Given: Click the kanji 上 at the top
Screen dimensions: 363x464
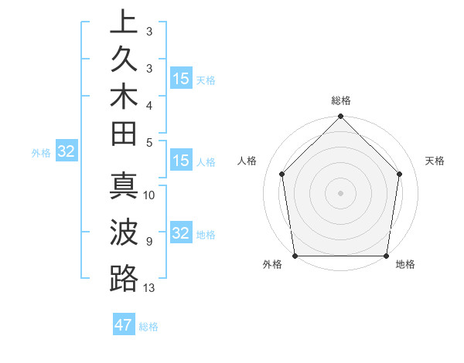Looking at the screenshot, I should [124, 22].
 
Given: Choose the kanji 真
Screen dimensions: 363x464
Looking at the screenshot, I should [124, 190].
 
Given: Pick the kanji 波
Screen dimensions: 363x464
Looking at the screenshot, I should [124, 233].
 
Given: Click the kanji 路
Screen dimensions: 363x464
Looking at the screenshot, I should [124, 277].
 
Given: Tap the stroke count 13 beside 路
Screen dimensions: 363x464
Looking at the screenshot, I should [149, 288].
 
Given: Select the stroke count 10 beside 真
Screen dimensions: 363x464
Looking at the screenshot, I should [149, 195].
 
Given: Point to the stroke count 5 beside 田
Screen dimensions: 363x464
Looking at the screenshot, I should [149, 142].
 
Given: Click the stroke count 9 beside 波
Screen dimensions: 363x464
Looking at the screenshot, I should [149, 241].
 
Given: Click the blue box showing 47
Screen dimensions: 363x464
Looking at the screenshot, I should [124, 325].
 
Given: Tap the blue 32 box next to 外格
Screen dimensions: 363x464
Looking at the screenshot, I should [66, 151].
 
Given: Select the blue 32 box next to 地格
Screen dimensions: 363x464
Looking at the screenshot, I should [181, 233].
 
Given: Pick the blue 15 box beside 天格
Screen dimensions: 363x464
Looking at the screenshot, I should [181, 79].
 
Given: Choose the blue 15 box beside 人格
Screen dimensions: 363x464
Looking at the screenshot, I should [181, 161].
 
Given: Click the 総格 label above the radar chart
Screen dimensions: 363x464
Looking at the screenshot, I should [340, 100].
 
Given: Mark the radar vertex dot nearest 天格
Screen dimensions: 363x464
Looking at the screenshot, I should [400, 174].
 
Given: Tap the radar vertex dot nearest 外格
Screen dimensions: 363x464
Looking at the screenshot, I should [295, 256].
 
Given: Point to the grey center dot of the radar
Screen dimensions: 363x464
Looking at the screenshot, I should [340, 193].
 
